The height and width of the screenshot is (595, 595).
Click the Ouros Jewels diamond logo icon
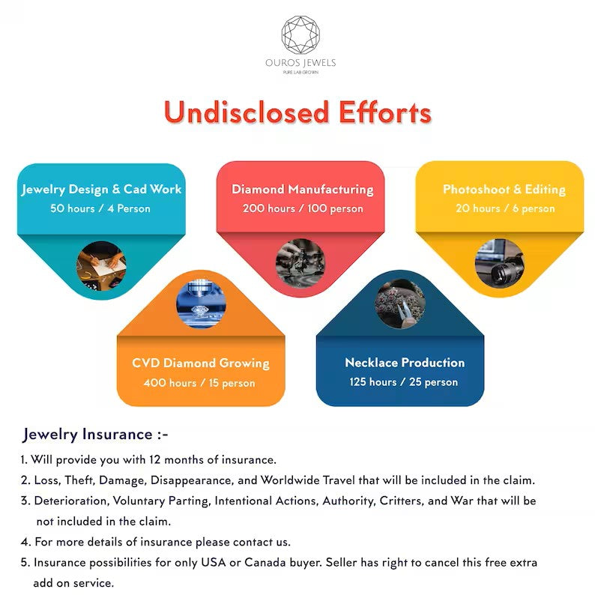pyautogui.click(x=300, y=34)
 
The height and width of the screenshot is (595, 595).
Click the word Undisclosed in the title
pyautogui.click(x=237, y=112)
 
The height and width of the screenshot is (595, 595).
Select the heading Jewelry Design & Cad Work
pyautogui.click(x=101, y=189)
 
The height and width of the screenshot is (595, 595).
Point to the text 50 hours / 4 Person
pyautogui.click(x=100, y=208)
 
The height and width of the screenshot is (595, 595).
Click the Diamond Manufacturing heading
pyautogui.click(x=302, y=189)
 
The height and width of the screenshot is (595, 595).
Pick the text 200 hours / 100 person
pyautogui.click(x=302, y=208)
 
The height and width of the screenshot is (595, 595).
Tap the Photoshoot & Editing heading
pyautogui.click(x=504, y=189)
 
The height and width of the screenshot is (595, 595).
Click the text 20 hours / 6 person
pyautogui.click(x=504, y=208)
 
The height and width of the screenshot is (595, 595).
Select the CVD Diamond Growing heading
pyautogui.click(x=201, y=363)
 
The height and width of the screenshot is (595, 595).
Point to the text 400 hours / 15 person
pyautogui.click(x=200, y=383)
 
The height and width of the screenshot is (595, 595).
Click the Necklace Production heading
pyautogui.click(x=405, y=363)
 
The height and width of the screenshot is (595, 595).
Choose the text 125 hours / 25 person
pyautogui.click(x=404, y=382)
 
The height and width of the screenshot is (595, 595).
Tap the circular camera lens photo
pyautogui.click(x=499, y=264)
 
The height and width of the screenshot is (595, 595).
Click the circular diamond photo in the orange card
pyautogui.click(x=200, y=303)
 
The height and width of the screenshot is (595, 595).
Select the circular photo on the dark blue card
pyautogui.click(x=400, y=303)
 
